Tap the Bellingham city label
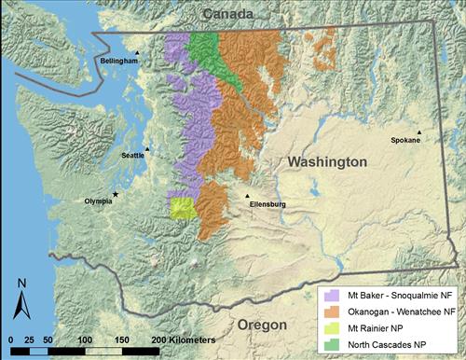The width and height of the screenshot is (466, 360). click(x=119, y=62)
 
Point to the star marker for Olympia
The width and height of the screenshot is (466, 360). click(x=116, y=194)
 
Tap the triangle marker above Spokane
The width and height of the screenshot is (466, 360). click(x=418, y=132)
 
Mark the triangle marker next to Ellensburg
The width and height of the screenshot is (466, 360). click(x=247, y=196)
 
